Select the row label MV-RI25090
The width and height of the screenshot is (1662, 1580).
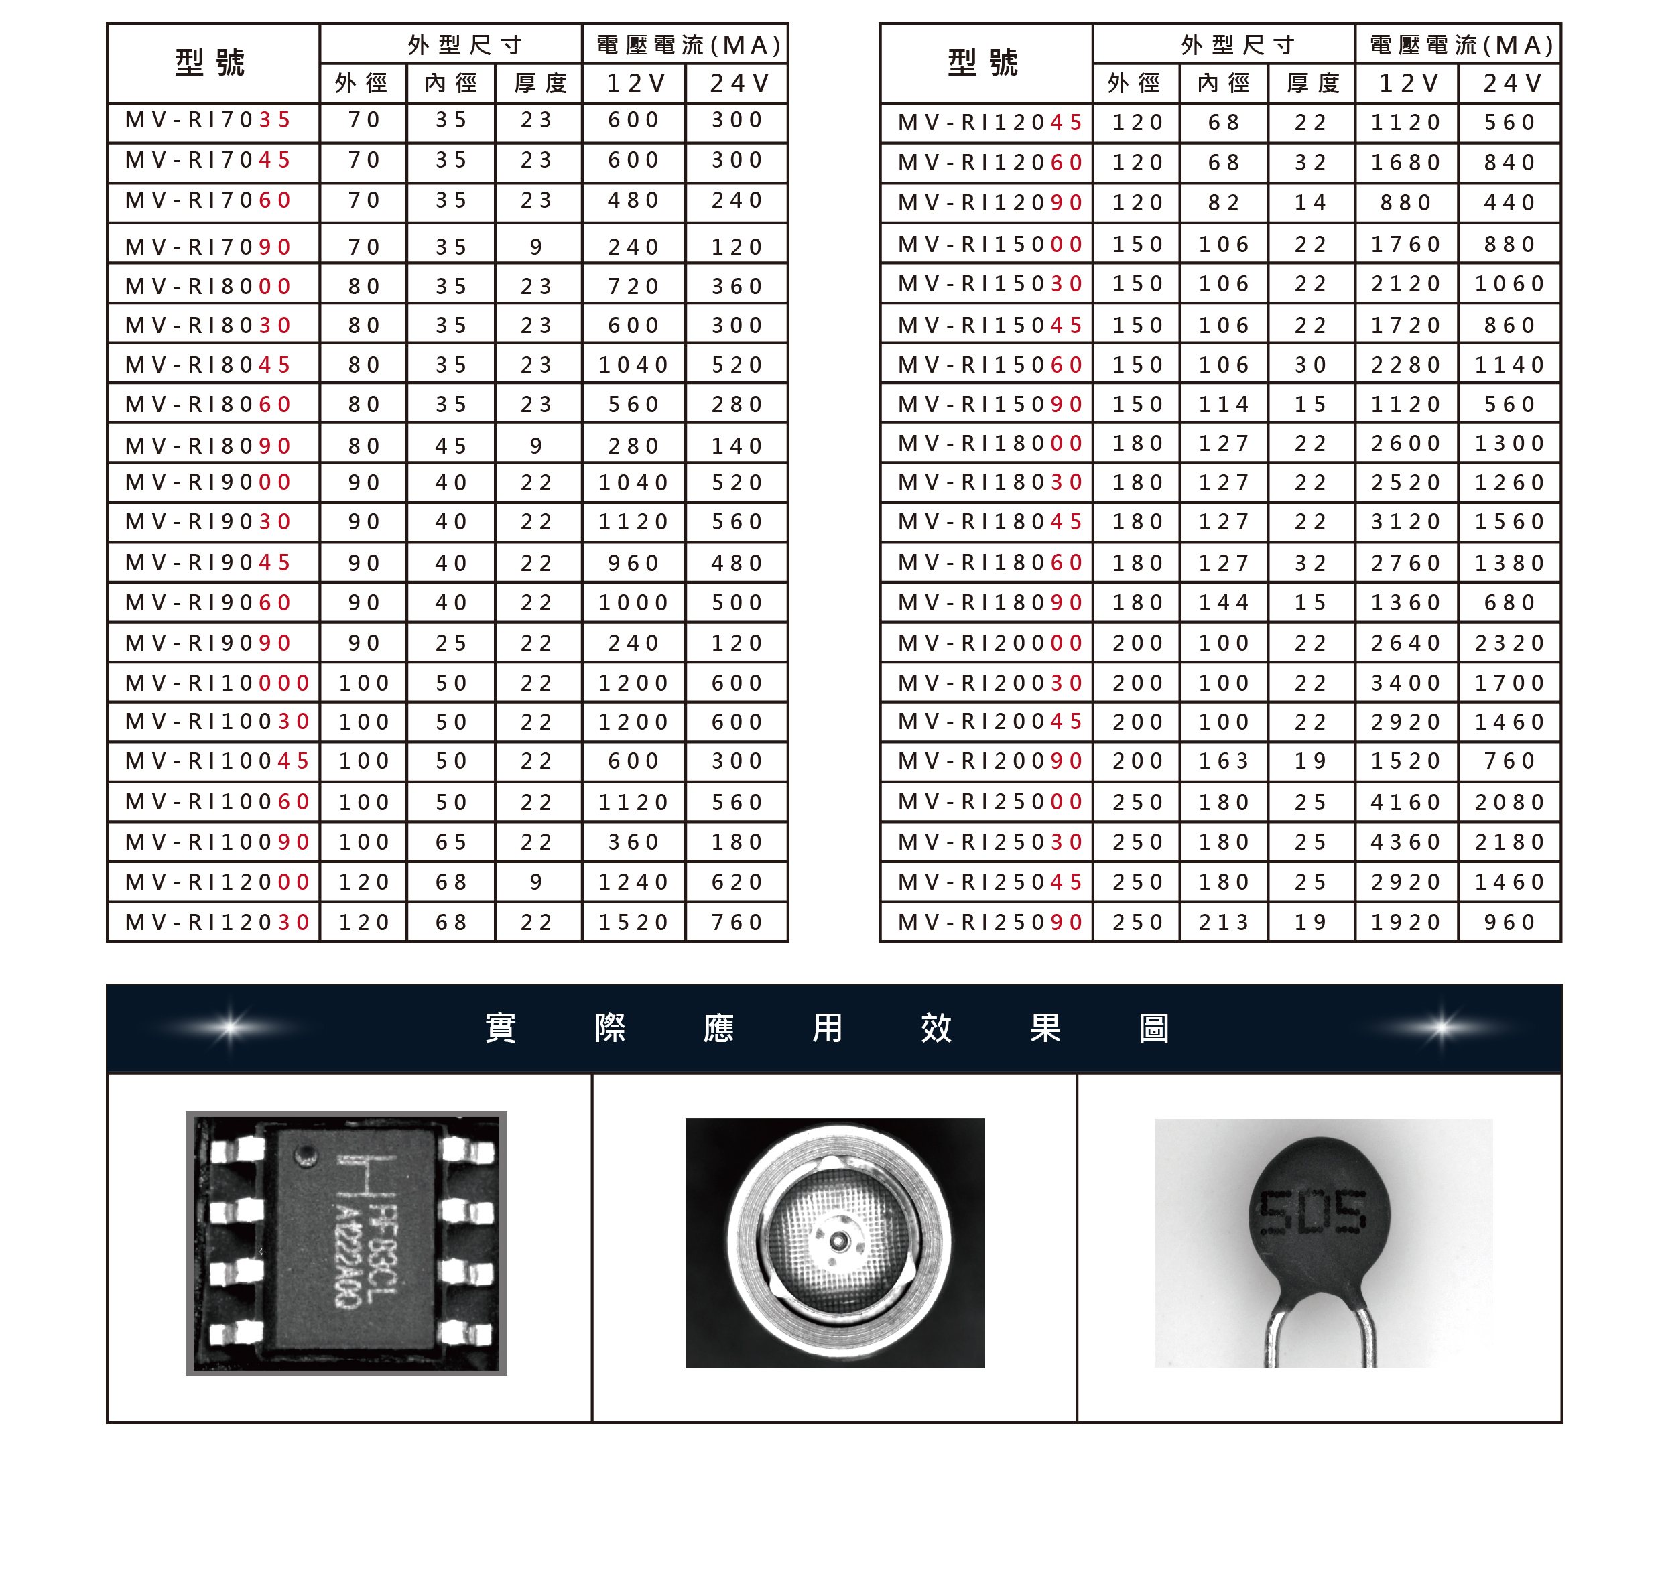click(990, 922)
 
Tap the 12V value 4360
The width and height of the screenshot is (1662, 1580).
click(1405, 842)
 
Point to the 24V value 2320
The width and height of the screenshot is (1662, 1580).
click(1509, 643)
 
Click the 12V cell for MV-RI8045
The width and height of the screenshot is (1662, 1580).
click(633, 365)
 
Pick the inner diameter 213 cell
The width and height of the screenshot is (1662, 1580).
click(1224, 922)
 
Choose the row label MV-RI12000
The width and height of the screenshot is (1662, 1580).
click(217, 882)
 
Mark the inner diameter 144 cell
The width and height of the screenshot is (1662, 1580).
click(1224, 602)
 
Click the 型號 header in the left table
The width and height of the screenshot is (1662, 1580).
click(210, 62)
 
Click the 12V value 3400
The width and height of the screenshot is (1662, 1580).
click(1405, 682)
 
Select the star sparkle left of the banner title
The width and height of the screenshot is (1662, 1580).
click(229, 1027)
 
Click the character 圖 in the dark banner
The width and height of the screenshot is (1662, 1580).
click(1153, 1027)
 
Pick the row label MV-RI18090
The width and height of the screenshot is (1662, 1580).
click(990, 602)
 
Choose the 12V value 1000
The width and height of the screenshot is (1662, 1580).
click(633, 602)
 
